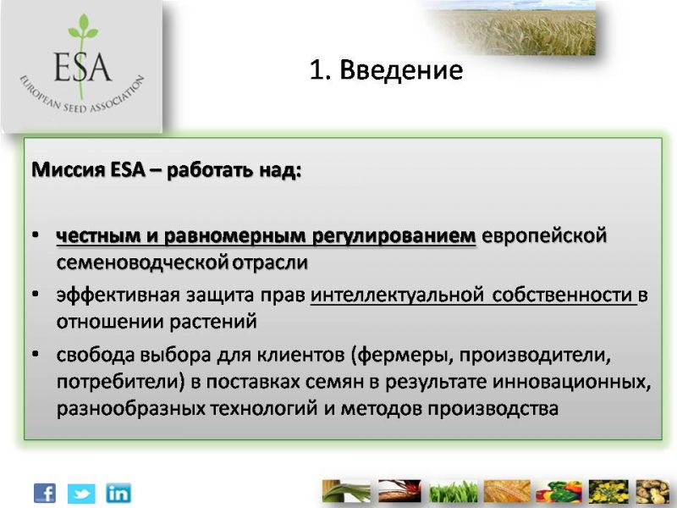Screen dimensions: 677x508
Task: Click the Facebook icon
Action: coord(45,493)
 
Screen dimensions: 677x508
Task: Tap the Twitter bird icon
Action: coord(81,494)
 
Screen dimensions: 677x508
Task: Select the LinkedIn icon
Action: coord(118,493)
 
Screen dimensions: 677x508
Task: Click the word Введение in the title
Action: coord(401,69)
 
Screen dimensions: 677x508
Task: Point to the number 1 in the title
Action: coord(316,70)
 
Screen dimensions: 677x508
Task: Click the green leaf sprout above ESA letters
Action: coord(83,27)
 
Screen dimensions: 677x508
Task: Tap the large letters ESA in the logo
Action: coord(82,68)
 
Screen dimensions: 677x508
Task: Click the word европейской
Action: coord(544,236)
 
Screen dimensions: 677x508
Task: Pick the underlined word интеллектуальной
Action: coord(397,295)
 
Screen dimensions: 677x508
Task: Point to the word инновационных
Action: coord(571,382)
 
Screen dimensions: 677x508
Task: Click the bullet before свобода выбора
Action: coord(36,355)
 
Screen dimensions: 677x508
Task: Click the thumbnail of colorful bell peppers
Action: coord(559,491)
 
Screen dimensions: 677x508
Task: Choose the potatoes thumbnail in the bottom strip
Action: coord(652,491)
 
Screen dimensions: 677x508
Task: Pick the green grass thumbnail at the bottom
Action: coord(453,491)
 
